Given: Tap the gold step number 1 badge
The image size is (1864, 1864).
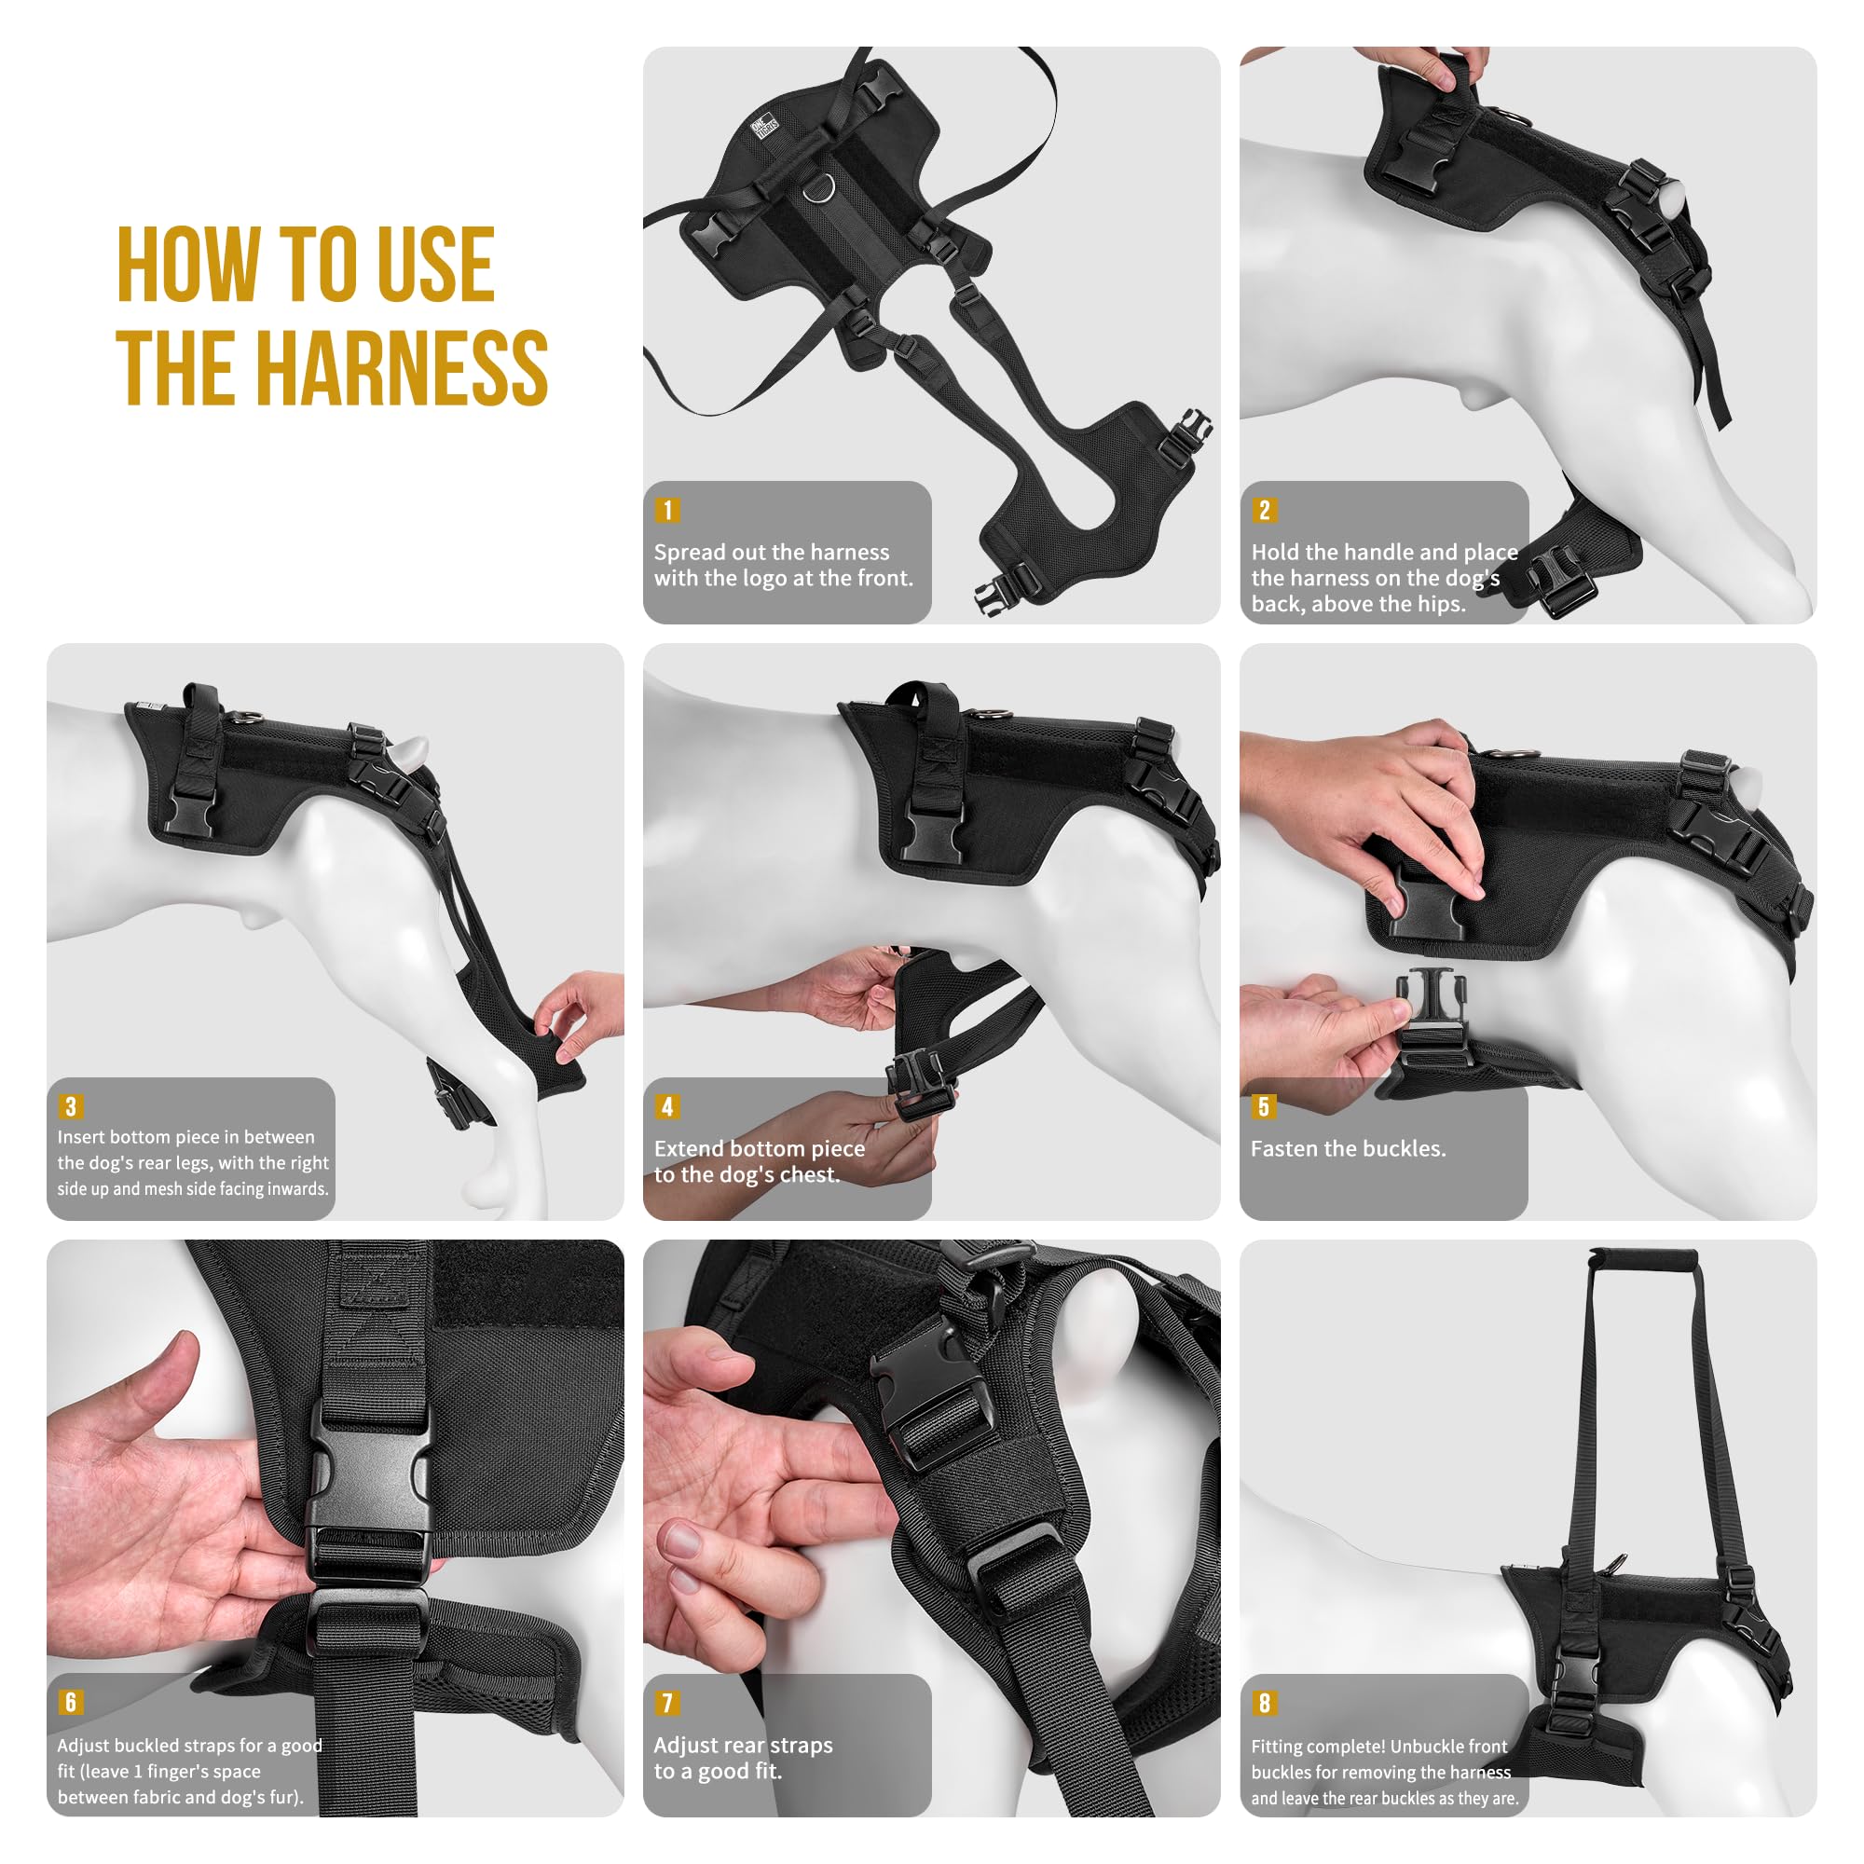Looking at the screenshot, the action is point(666,510).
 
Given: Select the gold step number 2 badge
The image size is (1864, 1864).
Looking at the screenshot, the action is point(1264,510).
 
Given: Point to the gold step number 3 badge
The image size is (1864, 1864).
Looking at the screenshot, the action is point(70,1105).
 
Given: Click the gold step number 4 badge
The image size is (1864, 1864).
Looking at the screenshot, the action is point(666,1105).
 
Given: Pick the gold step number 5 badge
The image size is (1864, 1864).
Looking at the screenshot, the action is point(1264,1105).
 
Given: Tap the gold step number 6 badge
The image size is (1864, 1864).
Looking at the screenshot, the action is point(70,1702).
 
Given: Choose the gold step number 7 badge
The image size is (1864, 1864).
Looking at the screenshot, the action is point(666,1702).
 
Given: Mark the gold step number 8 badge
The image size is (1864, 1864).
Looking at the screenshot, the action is point(1264,1702).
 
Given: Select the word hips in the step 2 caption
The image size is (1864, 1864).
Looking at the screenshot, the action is point(1442,605).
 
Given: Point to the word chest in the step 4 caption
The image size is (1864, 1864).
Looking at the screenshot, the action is point(806,1175).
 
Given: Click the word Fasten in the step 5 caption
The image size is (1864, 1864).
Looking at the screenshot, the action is point(1285,1148).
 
